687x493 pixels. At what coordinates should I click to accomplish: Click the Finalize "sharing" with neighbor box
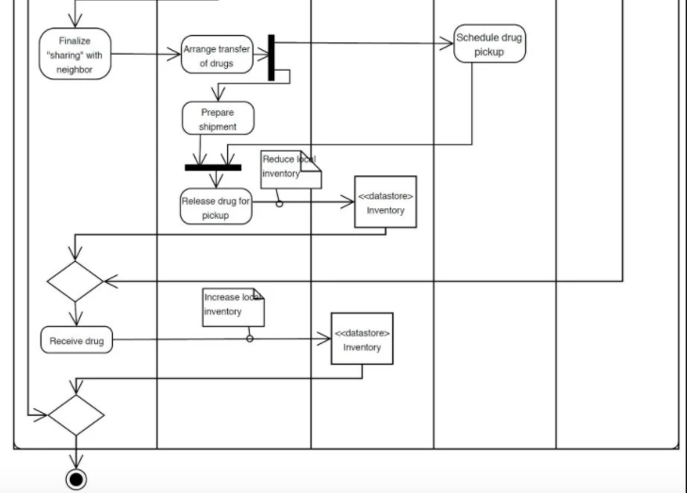coord(75,54)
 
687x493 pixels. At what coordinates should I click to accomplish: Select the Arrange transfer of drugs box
coord(218,56)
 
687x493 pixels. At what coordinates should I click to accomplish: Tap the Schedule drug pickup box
coord(489,44)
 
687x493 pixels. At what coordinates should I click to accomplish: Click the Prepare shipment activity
coord(218,119)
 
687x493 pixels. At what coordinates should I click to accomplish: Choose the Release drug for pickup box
coord(217,207)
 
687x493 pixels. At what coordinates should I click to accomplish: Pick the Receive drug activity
coord(76,340)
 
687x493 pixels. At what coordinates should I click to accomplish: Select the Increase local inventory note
coord(233,307)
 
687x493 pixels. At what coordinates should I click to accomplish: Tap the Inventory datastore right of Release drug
coord(385,203)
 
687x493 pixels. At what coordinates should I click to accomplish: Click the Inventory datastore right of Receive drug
coord(362,338)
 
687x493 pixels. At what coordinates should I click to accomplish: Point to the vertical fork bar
coord(271,58)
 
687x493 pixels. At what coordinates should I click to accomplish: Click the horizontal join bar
coord(213,168)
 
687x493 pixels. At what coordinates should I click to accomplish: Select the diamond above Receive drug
coord(75,281)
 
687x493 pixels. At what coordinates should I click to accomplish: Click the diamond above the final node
coord(75,415)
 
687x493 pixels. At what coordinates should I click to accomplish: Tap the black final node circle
coord(76,479)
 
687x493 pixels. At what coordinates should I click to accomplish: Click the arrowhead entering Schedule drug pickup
coord(447,42)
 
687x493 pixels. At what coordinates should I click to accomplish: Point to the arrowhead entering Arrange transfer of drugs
coord(175,55)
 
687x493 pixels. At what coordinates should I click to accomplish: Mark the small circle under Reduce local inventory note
coord(280,203)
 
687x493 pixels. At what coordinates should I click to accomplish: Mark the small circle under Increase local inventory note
coord(250,338)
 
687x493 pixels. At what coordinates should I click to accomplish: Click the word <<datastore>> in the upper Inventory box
coord(385,196)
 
